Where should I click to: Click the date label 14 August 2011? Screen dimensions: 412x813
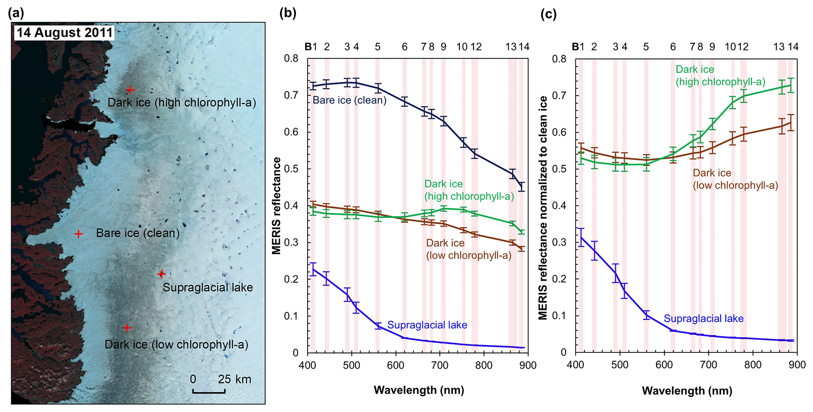point(65,32)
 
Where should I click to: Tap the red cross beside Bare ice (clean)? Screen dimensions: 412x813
point(78,234)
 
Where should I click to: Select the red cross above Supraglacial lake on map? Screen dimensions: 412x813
point(161,273)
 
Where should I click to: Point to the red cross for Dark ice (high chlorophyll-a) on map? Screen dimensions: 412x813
point(130,90)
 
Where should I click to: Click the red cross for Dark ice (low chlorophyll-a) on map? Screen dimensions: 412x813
point(127,327)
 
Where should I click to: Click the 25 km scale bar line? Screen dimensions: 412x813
point(209,391)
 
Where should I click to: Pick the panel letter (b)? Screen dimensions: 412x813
point(288,13)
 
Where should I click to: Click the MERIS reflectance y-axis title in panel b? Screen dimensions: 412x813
point(277,205)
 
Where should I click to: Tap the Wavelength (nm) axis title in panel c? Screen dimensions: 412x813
point(687,391)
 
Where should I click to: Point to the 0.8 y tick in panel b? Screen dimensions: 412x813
point(291,59)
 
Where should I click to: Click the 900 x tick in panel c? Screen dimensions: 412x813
point(797,365)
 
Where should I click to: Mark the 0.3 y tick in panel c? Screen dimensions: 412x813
point(560,242)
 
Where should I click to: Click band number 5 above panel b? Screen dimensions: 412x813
point(378,47)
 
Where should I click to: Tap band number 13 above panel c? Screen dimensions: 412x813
point(778,47)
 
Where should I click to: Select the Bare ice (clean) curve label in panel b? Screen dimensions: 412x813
point(349,100)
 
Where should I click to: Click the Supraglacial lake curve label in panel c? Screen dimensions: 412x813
point(703,318)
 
